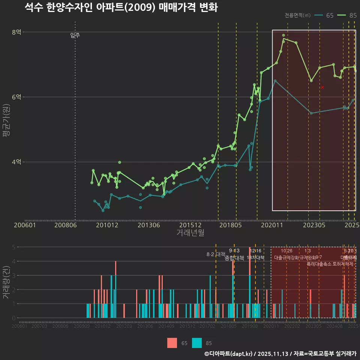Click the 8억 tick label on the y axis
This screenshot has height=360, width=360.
point(16,32)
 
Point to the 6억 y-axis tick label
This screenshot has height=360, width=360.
point(16,97)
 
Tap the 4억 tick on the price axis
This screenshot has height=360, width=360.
point(16,162)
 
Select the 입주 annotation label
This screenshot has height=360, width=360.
point(75,36)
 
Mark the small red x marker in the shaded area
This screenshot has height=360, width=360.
point(322,87)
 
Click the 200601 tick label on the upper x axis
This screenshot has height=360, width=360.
point(25,225)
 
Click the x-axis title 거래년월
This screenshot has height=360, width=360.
point(190,233)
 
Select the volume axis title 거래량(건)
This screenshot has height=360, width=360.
point(6,282)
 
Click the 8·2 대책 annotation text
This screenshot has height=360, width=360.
point(216,254)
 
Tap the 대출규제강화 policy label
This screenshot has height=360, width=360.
point(286,258)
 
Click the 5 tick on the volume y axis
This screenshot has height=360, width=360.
point(13,247)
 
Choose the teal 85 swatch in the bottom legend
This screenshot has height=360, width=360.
point(196,343)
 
